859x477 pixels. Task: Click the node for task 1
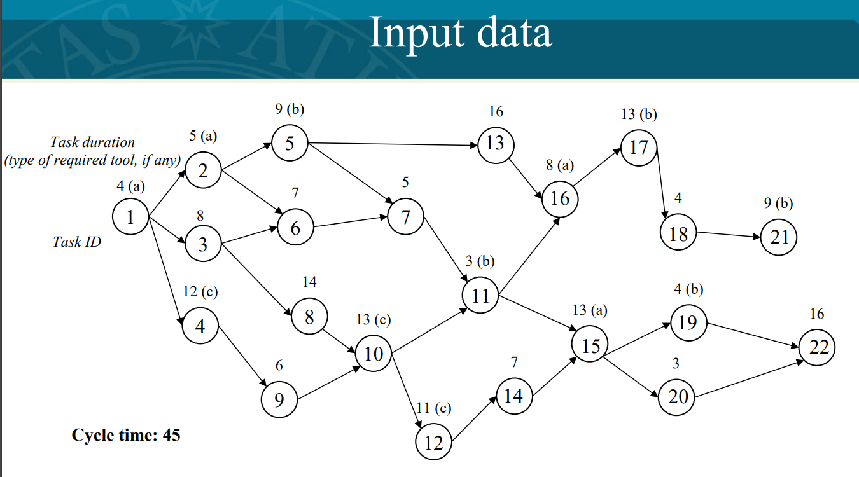[x=130, y=218]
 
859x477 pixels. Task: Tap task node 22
[x=818, y=347]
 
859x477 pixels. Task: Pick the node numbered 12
[x=433, y=442]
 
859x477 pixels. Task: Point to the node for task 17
[x=639, y=147]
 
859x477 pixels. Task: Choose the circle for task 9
[x=279, y=399]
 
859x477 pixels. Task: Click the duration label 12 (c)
[x=200, y=292]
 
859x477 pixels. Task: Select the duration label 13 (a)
[x=590, y=310]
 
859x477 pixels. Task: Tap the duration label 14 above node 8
[x=309, y=282]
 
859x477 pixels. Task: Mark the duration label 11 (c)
[x=433, y=408]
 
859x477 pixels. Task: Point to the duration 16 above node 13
[x=496, y=112]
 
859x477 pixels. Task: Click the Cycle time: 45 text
[x=126, y=435]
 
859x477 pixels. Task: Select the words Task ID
[x=76, y=242]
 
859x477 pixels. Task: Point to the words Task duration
[x=93, y=142]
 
